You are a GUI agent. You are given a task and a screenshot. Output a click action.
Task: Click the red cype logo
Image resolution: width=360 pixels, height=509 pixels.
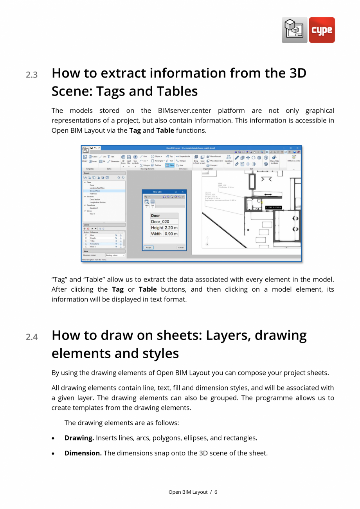tap(322, 30)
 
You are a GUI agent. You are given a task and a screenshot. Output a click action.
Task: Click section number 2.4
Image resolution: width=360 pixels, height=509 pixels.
tap(32, 337)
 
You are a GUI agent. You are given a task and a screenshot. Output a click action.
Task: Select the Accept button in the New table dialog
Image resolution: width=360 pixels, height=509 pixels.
tap(148, 247)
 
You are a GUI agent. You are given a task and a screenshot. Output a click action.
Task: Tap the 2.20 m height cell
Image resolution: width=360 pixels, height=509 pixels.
tap(171, 227)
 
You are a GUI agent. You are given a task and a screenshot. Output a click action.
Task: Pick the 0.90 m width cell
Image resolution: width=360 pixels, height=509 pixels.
tap(171, 234)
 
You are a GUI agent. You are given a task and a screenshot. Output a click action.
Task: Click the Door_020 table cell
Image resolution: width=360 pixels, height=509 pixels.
tap(160, 222)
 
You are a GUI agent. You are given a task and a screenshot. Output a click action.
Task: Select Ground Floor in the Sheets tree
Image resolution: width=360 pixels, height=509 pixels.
tap(95, 191)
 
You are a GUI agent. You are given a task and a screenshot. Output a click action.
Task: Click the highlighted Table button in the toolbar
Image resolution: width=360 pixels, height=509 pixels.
tap(170, 165)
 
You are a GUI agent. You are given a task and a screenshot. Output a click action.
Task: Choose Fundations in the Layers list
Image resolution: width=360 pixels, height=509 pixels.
tap(95, 244)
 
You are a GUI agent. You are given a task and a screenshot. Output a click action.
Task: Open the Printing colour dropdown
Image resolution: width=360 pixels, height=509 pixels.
tap(115, 255)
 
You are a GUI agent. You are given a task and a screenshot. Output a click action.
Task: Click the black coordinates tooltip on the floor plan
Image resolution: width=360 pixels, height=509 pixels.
tap(274, 208)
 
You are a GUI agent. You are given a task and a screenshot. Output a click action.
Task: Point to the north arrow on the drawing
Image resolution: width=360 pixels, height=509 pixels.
tap(207, 240)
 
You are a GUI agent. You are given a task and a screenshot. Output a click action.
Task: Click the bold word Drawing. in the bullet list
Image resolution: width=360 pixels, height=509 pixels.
tap(79, 438)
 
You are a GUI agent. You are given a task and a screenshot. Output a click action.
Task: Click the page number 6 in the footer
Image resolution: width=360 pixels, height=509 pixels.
tap(216, 492)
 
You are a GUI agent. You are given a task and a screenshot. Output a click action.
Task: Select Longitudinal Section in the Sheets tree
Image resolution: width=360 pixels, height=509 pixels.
tap(97, 202)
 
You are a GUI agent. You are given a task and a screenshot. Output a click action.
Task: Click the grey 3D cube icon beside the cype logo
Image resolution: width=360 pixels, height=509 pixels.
tap(294, 30)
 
